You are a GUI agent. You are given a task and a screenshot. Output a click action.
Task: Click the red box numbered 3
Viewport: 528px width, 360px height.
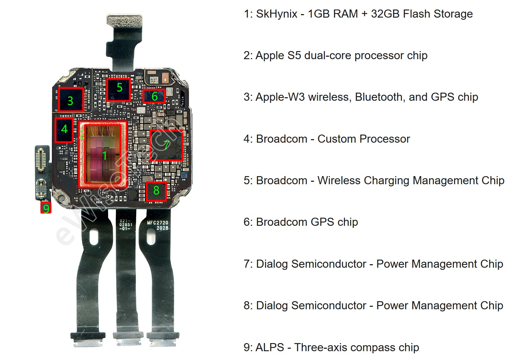click(71, 100)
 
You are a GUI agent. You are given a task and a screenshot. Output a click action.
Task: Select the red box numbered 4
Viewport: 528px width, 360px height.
click(64, 130)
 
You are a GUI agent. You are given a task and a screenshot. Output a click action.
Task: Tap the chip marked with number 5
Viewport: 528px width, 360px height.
click(119, 89)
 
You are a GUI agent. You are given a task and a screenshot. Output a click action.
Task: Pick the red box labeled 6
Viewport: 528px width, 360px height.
click(154, 96)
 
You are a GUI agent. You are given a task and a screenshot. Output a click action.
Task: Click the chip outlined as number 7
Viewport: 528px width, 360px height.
click(166, 145)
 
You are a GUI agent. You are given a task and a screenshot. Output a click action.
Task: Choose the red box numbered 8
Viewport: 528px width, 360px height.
click(156, 191)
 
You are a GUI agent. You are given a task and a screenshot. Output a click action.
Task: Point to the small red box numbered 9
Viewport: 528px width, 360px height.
click(46, 208)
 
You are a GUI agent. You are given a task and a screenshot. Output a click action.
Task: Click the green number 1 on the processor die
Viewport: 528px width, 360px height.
click(105, 155)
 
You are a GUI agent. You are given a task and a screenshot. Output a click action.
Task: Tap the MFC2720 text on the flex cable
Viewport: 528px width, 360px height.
click(158, 223)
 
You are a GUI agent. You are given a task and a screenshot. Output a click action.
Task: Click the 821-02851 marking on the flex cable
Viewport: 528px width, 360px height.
click(126, 225)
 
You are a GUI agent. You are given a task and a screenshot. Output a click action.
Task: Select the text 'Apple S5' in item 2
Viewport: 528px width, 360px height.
click(278, 55)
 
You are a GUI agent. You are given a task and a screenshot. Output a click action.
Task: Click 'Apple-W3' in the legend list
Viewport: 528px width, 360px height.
click(280, 97)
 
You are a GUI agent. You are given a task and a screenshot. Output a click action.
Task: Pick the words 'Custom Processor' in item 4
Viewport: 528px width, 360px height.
click(364, 139)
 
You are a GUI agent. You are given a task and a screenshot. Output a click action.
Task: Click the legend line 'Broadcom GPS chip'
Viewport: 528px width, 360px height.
click(307, 222)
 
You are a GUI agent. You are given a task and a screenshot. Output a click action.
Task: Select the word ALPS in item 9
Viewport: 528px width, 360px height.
click(270, 347)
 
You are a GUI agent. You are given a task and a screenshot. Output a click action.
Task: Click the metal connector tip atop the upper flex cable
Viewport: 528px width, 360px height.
click(124, 20)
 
